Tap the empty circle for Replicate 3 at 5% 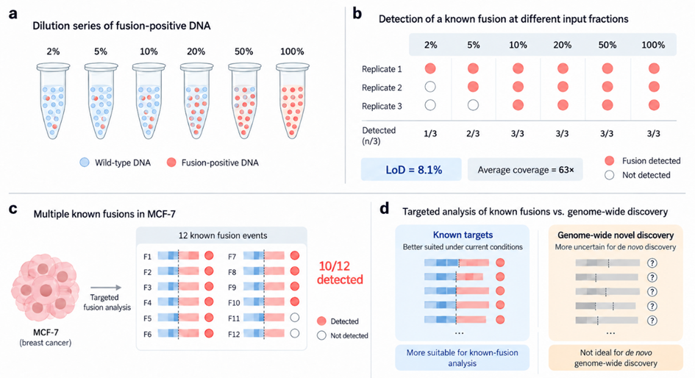[x=473, y=105]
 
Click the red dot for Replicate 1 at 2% [x=430, y=68]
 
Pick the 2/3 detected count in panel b [x=473, y=134]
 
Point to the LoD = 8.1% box [x=411, y=169]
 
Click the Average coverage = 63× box [x=525, y=169]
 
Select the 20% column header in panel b [x=562, y=45]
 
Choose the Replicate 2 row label [x=382, y=88]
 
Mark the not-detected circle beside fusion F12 [x=295, y=334]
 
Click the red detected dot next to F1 [x=209, y=256]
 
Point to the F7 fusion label [x=232, y=257]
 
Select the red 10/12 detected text [x=340, y=273]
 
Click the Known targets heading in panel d [x=463, y=235]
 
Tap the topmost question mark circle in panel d [x=652, y=263]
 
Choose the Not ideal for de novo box [x=616, y=357]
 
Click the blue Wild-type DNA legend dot [x=85, y=163]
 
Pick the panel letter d [x=385, y=208]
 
